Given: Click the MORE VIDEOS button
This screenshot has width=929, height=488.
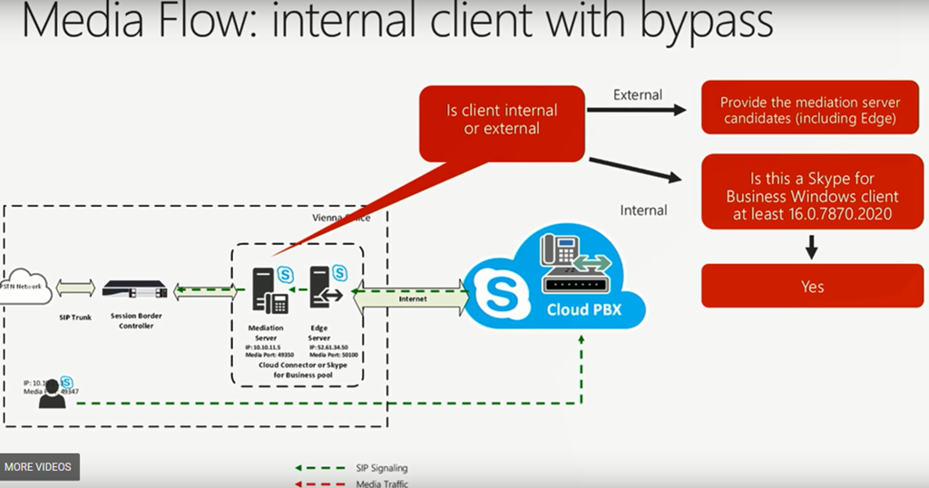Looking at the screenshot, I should pyautogui.click(x=38, y=467).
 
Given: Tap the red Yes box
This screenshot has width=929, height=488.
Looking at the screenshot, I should pyautogui.click(x=812, y=287).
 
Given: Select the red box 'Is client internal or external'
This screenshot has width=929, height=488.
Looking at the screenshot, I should pyautogui.click(x=502, y=120).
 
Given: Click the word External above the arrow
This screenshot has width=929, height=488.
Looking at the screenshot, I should pyautogui.click(x=638, y=94).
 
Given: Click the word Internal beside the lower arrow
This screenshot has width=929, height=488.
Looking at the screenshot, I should pyautogui.click(x=643, y=210).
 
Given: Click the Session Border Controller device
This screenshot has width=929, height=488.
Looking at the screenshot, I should pyautogui.click(x=137, y=290).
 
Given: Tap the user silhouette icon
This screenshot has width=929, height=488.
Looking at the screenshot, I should pyautogui.click(x=52, y=394).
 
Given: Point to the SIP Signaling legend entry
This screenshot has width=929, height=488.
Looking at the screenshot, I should pyautogui.click(x=381, y=468).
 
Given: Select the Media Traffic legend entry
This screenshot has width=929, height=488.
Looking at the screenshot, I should pyautogui.click(x=381, y=483).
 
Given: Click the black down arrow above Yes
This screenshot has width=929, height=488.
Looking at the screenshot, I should pyautogui.click(x=812, y=246).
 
